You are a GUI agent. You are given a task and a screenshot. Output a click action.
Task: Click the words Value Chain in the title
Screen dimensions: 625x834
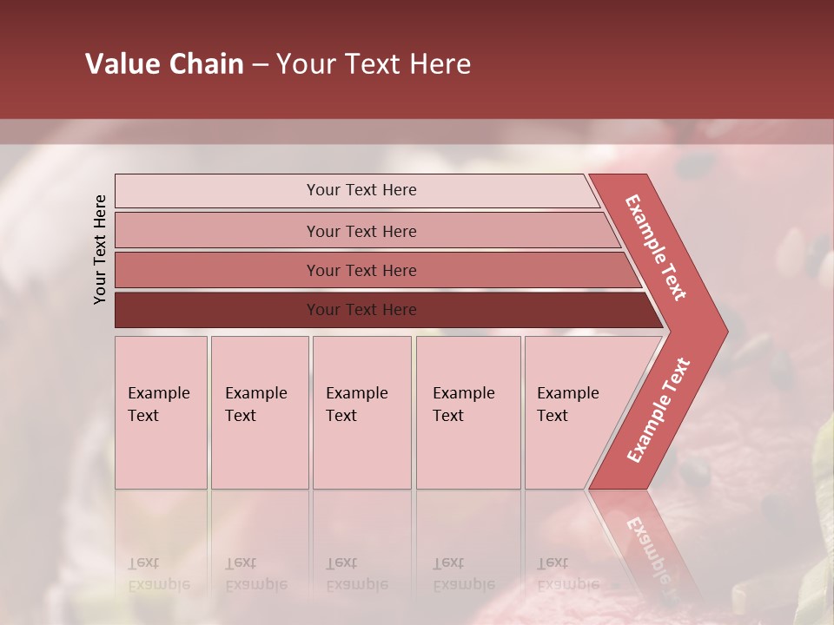(x=164, y=64)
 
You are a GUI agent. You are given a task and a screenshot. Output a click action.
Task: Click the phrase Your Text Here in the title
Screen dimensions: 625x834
(x=374, y=64)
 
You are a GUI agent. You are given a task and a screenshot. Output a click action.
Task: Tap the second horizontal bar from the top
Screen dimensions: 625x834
(x=361, y=231)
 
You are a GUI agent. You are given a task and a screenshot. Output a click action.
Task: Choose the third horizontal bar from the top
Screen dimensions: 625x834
(x=361, y=270)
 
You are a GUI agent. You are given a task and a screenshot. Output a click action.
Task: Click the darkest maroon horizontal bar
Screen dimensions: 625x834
(x=361, y=310)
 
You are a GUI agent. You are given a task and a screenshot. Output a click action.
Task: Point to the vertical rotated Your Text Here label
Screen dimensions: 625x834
(x=100, y=249)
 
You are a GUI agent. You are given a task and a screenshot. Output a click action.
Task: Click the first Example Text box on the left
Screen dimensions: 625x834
(x=161, y=411)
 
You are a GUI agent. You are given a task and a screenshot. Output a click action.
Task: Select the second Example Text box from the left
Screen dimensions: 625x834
(x=259, y=411)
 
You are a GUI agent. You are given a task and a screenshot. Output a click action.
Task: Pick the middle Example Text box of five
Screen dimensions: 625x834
(x=361, y=411)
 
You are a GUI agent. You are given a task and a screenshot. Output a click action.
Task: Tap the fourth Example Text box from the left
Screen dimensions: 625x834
(x=467, y=411)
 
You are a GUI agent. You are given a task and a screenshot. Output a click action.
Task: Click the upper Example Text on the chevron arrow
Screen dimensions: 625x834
(x=656, y=247)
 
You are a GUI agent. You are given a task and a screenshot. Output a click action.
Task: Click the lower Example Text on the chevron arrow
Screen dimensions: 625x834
(x=658, y=411)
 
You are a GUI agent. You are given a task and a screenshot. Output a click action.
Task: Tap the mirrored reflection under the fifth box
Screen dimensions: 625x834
(x=567, y=573)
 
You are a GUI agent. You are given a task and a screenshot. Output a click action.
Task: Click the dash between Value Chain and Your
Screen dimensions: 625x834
(x=260, y=65)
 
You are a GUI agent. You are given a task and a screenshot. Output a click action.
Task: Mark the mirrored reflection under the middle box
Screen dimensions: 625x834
(x=356, y=573)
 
